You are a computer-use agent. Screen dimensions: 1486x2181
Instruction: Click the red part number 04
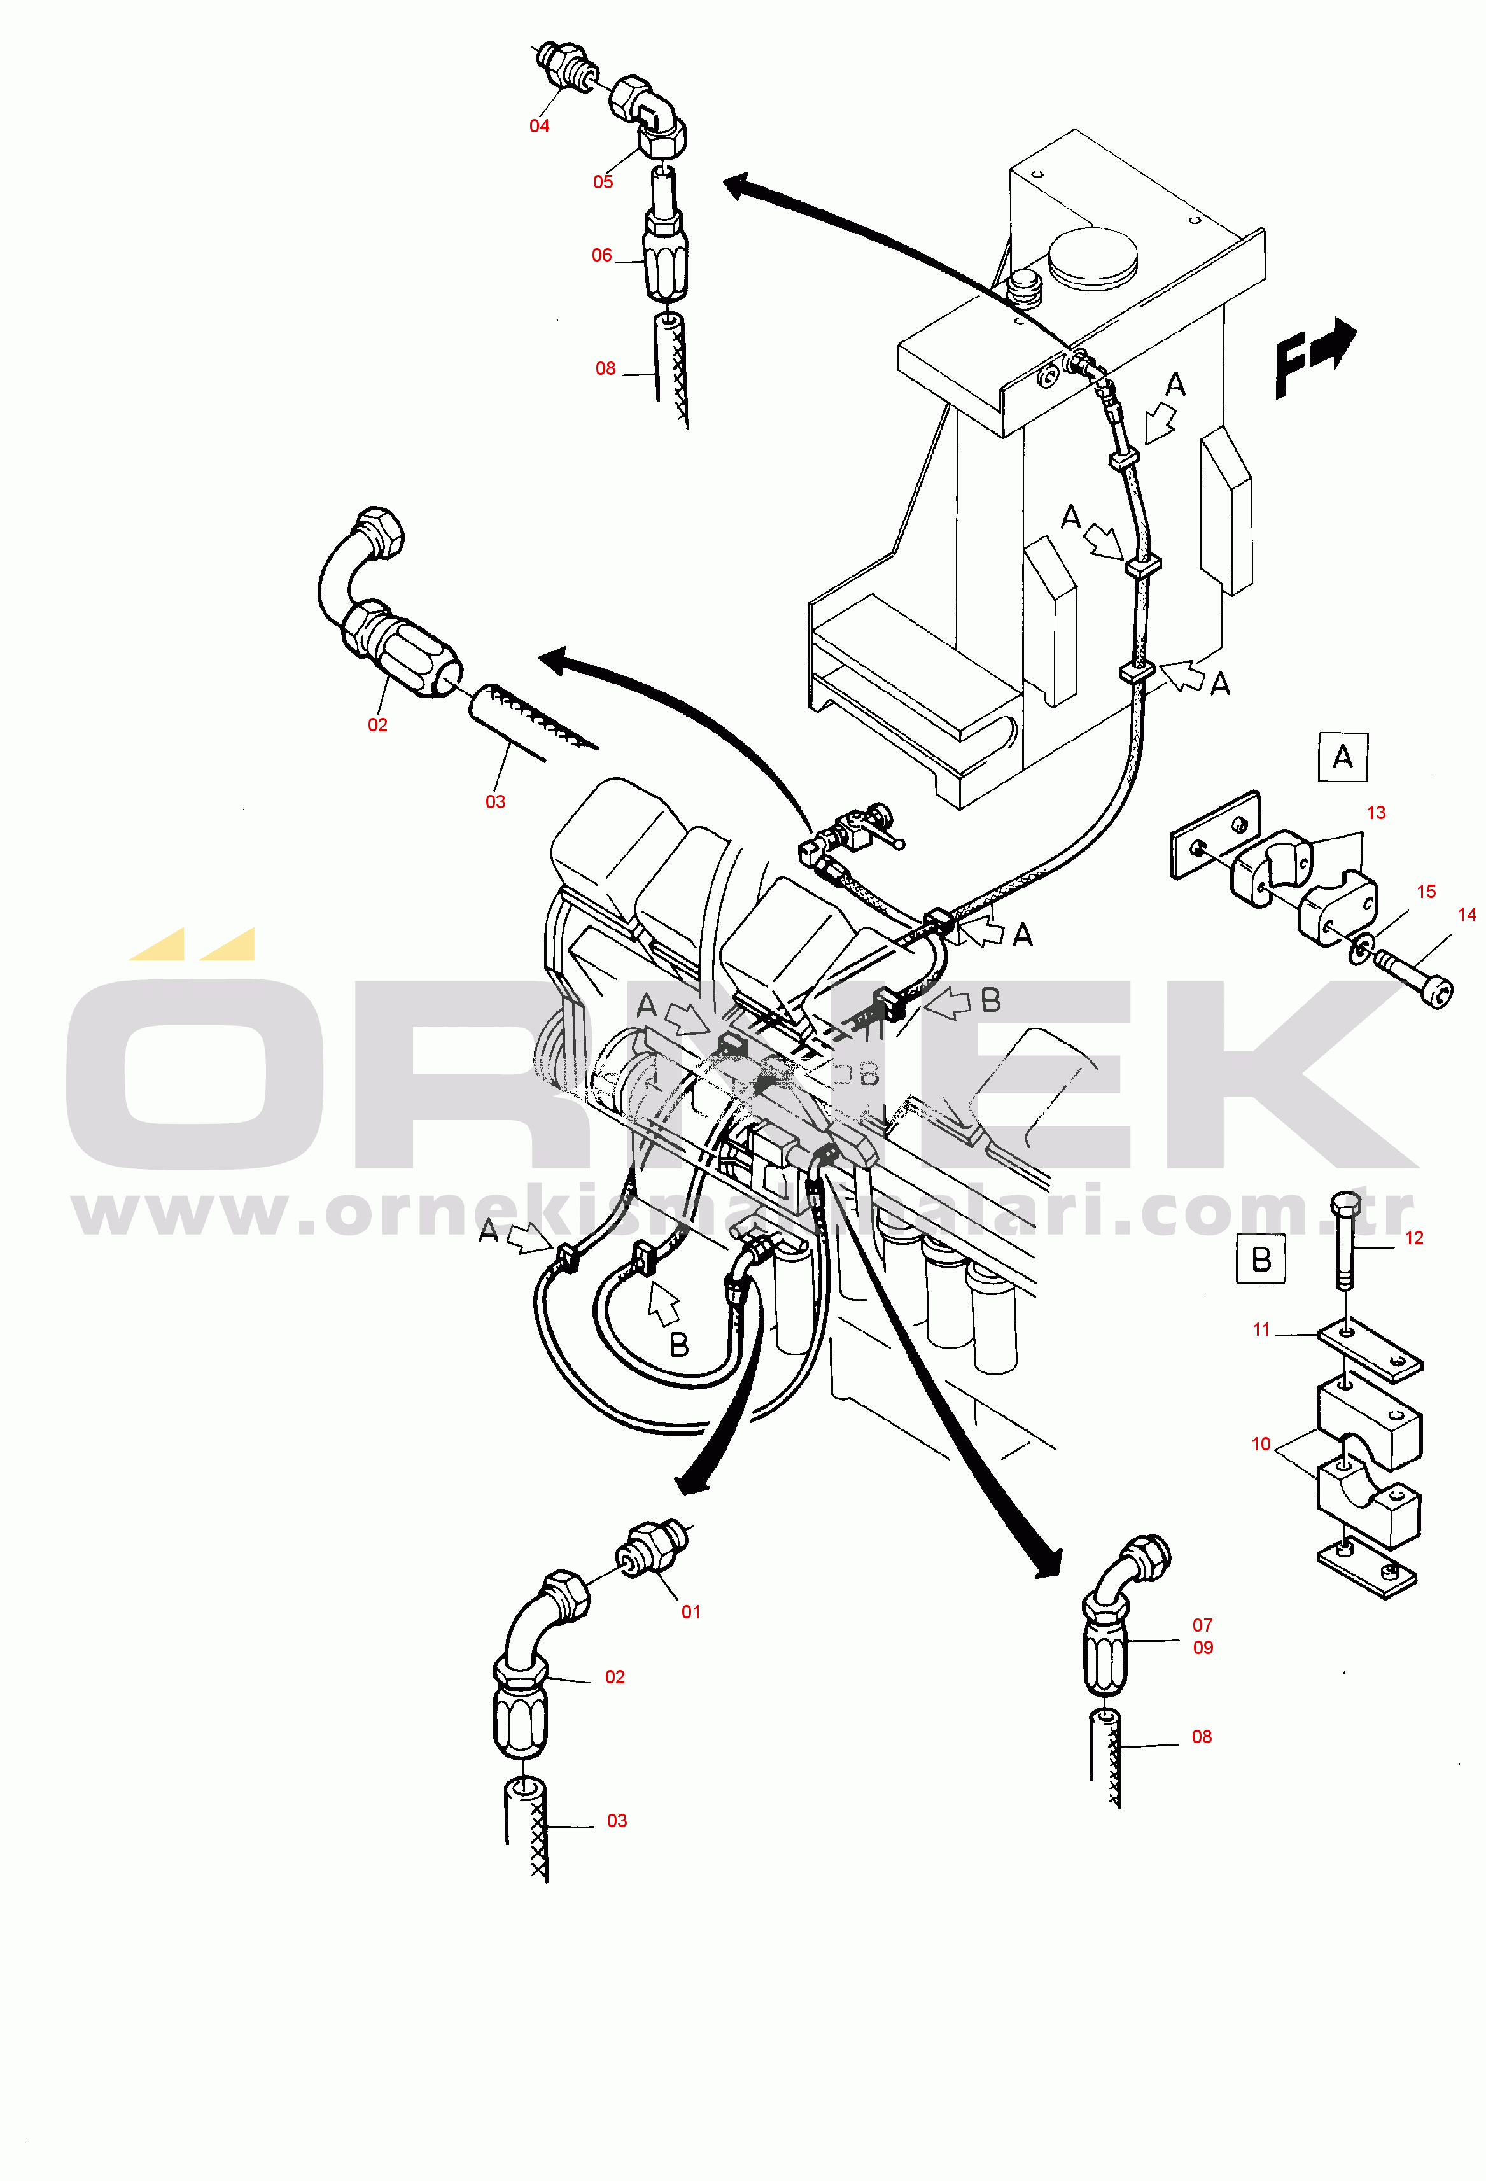point(539,126)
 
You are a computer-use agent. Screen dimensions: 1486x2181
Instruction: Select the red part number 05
point(603,182)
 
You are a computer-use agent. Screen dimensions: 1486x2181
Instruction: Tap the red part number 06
point(602,255)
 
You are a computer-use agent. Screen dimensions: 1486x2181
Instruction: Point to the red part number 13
point(1376,813)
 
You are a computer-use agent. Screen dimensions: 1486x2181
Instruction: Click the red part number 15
point(1426,892)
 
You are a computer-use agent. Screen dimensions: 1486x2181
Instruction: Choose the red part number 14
point(1467,914)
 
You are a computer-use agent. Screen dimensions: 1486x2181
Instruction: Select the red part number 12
point(1413,1238)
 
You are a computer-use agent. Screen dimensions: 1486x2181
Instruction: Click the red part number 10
point(1261,1444)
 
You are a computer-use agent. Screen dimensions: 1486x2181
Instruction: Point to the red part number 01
point(691,1611)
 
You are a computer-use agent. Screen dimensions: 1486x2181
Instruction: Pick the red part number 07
point(1203,1625)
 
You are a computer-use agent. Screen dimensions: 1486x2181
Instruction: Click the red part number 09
point(1203,1647)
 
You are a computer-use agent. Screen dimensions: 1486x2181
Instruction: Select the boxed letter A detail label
point(1342,757)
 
